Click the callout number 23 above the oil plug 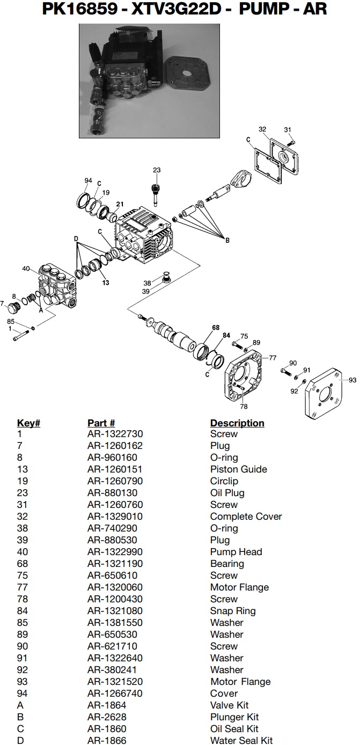156,170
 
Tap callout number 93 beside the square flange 352,380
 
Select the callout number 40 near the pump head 26,269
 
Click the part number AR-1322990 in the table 115,552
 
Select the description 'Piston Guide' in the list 238,469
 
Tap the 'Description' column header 237,423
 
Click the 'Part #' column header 101,423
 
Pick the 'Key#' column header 28,423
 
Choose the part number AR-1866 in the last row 107,741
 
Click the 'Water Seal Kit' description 241,741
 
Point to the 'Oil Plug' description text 227,493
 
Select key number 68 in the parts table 23,564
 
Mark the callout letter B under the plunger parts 227,241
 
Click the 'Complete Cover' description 246,517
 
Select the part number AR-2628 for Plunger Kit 107,717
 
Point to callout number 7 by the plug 3,304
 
